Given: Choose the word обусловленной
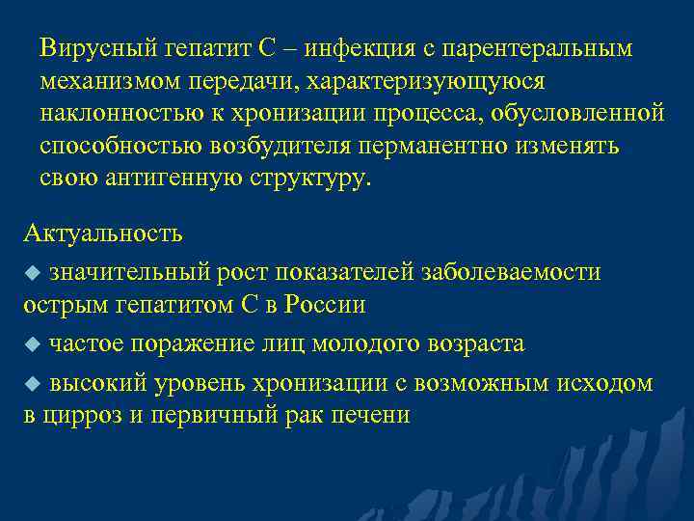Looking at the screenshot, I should pos(577,114).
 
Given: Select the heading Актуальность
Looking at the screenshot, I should pos(102,233).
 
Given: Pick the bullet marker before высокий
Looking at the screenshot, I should pos(31,384).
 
